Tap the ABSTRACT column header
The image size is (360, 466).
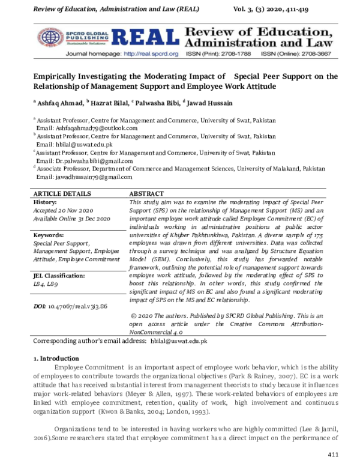147,195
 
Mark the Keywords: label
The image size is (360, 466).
49,235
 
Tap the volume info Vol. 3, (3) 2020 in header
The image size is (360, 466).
287,7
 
